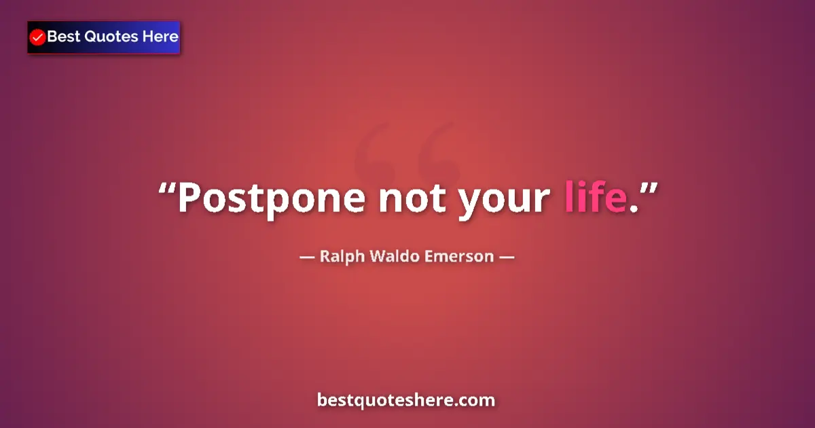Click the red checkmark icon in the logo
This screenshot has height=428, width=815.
[38, 37]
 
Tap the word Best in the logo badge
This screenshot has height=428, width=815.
[63, 37]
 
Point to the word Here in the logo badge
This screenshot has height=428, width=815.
[160, 37]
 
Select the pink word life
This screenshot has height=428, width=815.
[595, 198]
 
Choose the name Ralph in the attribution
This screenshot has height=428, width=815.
[342, 257]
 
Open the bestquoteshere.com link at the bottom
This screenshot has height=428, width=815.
[406, 400]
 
